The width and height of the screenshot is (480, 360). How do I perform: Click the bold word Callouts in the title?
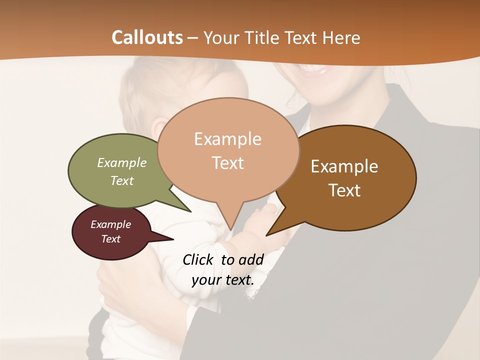coord(147,37)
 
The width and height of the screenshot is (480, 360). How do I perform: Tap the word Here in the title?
coord(341,37)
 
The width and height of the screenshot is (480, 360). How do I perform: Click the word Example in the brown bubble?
coord(344,166)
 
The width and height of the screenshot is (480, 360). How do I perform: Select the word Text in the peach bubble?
coord(228,163)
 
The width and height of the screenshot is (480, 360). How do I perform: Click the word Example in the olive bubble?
coord(122,162)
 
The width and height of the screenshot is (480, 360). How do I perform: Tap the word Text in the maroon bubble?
coord(111,239)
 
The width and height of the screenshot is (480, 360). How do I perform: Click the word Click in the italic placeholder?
coord(197,259)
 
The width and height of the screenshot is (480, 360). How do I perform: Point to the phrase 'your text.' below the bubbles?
coord(222,280)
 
